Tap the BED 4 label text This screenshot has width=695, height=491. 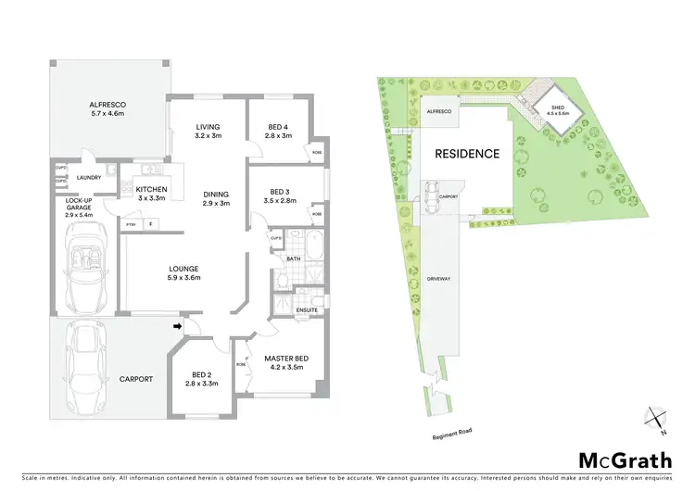[278, 131]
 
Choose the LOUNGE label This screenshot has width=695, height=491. [184, 271]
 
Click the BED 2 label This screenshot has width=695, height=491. [200, 377]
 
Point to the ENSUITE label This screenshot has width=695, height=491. [307, 310]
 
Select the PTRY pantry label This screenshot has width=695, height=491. [131, 223]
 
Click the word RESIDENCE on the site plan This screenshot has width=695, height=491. [468, 154]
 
